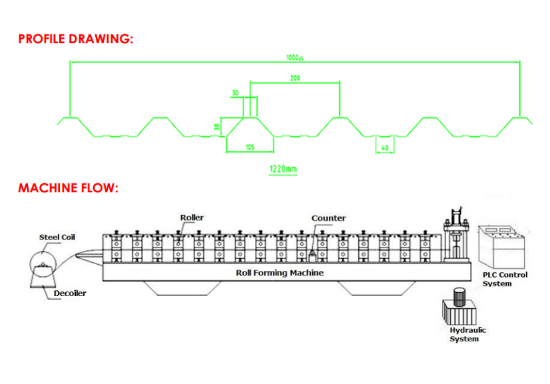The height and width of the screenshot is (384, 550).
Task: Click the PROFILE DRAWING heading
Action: pos(76,39)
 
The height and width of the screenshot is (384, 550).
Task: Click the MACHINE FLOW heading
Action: pos(68,188)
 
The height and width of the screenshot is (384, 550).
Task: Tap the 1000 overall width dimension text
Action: pos(295,58)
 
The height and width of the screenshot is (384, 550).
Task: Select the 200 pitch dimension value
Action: pos(295,78)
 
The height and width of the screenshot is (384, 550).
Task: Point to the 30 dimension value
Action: pos(235,93)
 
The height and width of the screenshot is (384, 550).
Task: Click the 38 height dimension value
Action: pos(216,126)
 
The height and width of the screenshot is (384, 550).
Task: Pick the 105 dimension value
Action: pos(250,147)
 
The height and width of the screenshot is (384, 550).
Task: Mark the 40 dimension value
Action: pos(384,147)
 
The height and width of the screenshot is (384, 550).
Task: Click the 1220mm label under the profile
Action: pos(283,169)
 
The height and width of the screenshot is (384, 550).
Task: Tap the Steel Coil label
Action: pos(57,237)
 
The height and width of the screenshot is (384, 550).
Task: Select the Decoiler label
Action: pos(69,293)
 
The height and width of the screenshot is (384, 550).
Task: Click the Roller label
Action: pos(192,218)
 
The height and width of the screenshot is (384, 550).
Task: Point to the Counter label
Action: pos(328,218)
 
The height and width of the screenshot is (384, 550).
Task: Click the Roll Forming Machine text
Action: pos(280,272)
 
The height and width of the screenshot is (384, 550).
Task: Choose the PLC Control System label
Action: pos(504,279)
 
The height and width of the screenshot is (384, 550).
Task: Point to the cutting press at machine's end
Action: pos(455,236)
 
